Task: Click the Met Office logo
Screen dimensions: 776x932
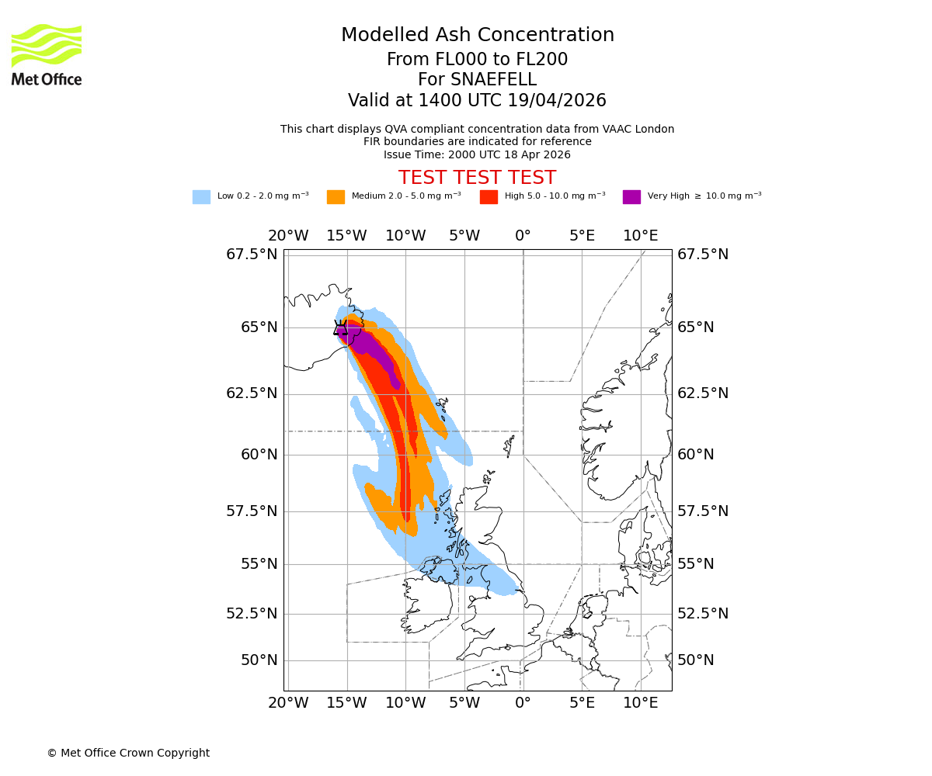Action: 47,54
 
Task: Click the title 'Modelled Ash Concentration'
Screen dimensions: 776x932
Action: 477,35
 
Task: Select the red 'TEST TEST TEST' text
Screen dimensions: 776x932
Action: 477,178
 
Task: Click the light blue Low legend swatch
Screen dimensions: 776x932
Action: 201,196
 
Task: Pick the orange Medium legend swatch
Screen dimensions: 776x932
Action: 336,196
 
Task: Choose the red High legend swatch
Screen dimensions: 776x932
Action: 489,196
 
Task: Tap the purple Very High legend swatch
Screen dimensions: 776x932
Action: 631,196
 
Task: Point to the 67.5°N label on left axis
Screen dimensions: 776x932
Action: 252,255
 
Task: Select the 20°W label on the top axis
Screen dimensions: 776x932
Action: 288,236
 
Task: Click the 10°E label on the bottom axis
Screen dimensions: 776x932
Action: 641,703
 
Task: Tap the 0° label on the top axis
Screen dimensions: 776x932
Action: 523,236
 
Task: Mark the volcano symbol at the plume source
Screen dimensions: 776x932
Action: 342,328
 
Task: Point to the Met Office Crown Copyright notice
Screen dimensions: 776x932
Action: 128,753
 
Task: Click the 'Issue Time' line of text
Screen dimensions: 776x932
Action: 477,154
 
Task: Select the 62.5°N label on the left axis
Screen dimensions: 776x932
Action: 252,393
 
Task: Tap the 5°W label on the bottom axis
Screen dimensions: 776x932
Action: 464,703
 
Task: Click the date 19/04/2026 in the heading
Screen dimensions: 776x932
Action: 557,101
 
